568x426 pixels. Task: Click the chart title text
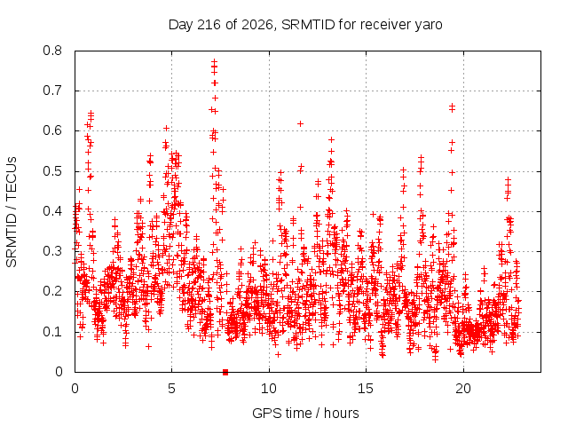305,25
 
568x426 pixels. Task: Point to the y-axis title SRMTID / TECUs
12,212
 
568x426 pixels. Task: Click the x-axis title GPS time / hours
305,414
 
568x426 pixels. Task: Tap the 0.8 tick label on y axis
52,51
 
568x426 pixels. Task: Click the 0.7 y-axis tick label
52,91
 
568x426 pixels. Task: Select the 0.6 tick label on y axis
52,130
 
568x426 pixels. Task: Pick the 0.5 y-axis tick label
52,171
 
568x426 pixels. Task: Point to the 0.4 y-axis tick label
52,211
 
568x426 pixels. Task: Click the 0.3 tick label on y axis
52,251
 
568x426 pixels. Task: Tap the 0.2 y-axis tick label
52,291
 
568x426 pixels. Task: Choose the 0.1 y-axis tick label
52,331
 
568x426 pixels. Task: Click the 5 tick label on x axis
171,389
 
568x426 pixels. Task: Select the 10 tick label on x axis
269,389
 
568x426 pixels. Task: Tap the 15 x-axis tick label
366,389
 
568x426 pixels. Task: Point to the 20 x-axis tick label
463,389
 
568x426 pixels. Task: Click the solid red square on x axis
225,372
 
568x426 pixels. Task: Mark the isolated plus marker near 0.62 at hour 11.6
300,124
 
